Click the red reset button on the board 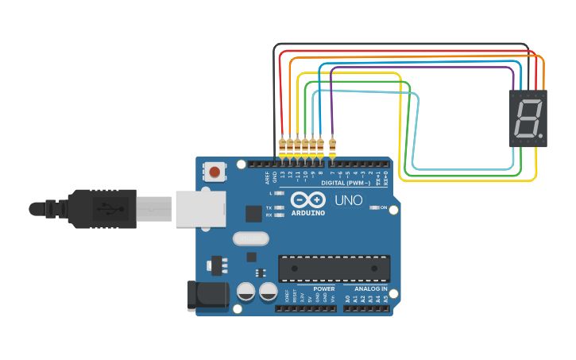click(x=215, y=170)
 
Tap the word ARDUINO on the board click(x=308, y=212)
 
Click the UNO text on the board click(x=348, y=200)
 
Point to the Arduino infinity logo click(x=307, y=199)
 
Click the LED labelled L click(x=279, y=193)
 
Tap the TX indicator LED click(x=279, y=207)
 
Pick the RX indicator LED click(x=279, y=215)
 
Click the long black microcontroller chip click(x=334, y=269)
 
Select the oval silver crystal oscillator click(x=250, y=238)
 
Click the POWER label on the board click(x=324, y=288)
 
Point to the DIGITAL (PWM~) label click(x=346, y=183)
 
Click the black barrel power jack click(x=205, y=295)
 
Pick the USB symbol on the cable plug click(x=109, y=209)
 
